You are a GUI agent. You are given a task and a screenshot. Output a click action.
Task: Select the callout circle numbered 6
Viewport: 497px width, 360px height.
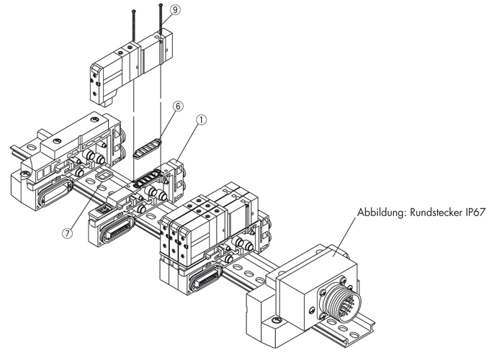tap(178, 107)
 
